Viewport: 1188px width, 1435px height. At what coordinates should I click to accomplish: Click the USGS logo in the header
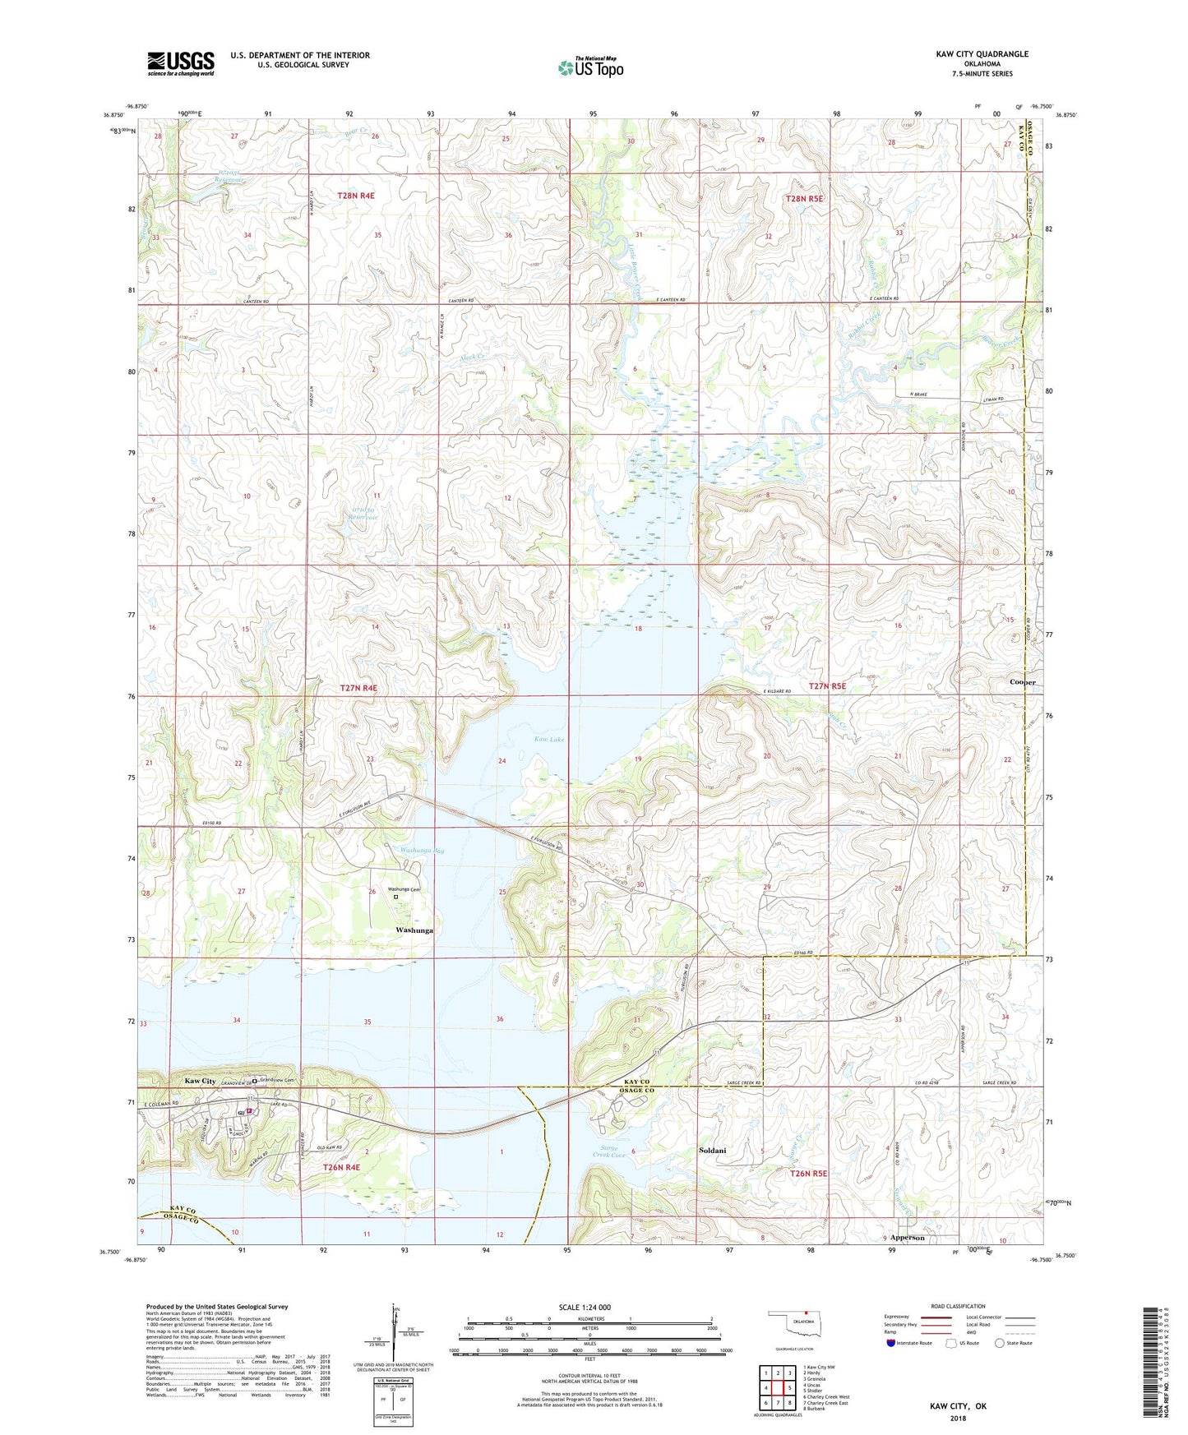point(181,63)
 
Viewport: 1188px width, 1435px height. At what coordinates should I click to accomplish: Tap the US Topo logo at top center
point(590,67)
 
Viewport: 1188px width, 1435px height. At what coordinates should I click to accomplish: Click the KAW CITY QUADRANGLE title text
point(982,54)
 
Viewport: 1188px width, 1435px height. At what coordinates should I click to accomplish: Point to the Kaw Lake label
point(549,740)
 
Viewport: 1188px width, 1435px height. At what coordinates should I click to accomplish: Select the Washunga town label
point(414,930)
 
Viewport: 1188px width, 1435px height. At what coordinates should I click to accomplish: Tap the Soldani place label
point(712,1150)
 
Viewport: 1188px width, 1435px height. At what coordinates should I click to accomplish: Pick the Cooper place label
point(1023,682)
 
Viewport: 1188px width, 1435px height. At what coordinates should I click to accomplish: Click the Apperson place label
point(907,1237)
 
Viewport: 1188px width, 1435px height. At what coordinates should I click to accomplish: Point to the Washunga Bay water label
point(422,851)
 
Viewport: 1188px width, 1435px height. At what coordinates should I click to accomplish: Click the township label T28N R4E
point(356,196)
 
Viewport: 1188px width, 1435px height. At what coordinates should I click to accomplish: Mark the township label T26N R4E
point(341,1167)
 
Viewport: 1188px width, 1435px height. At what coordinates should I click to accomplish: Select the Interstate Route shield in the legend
point(892,1343)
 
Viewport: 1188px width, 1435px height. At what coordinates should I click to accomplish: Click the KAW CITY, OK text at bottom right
point(958,1406)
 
